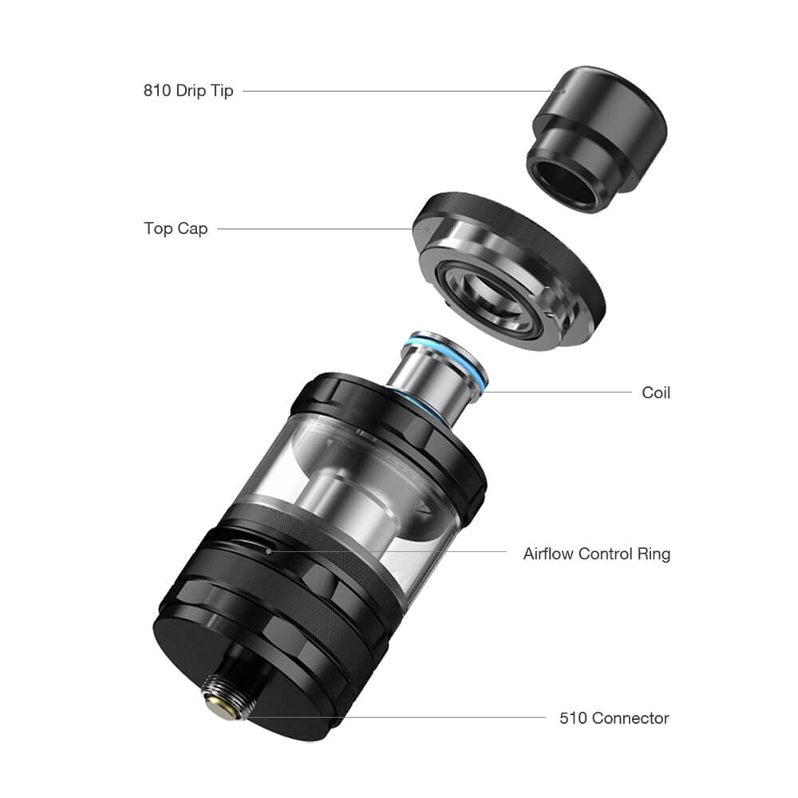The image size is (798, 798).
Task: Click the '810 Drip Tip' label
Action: [188, 91]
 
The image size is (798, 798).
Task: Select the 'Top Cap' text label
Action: [176, 228]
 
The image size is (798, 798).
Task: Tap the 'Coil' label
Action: [656, 393]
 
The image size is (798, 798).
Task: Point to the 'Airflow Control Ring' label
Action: [596, 553]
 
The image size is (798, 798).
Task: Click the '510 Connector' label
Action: [614, 717]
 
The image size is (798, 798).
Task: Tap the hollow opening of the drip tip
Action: [568, 185]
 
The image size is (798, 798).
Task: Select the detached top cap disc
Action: [509, 270]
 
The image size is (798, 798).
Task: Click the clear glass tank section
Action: [351, 488]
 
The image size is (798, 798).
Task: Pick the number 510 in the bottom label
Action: [573, 718]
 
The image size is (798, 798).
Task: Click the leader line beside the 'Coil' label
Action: [556, 392]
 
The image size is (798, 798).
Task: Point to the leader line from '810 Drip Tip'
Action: [403, 91]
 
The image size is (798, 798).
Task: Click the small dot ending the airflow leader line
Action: [268, 551]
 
